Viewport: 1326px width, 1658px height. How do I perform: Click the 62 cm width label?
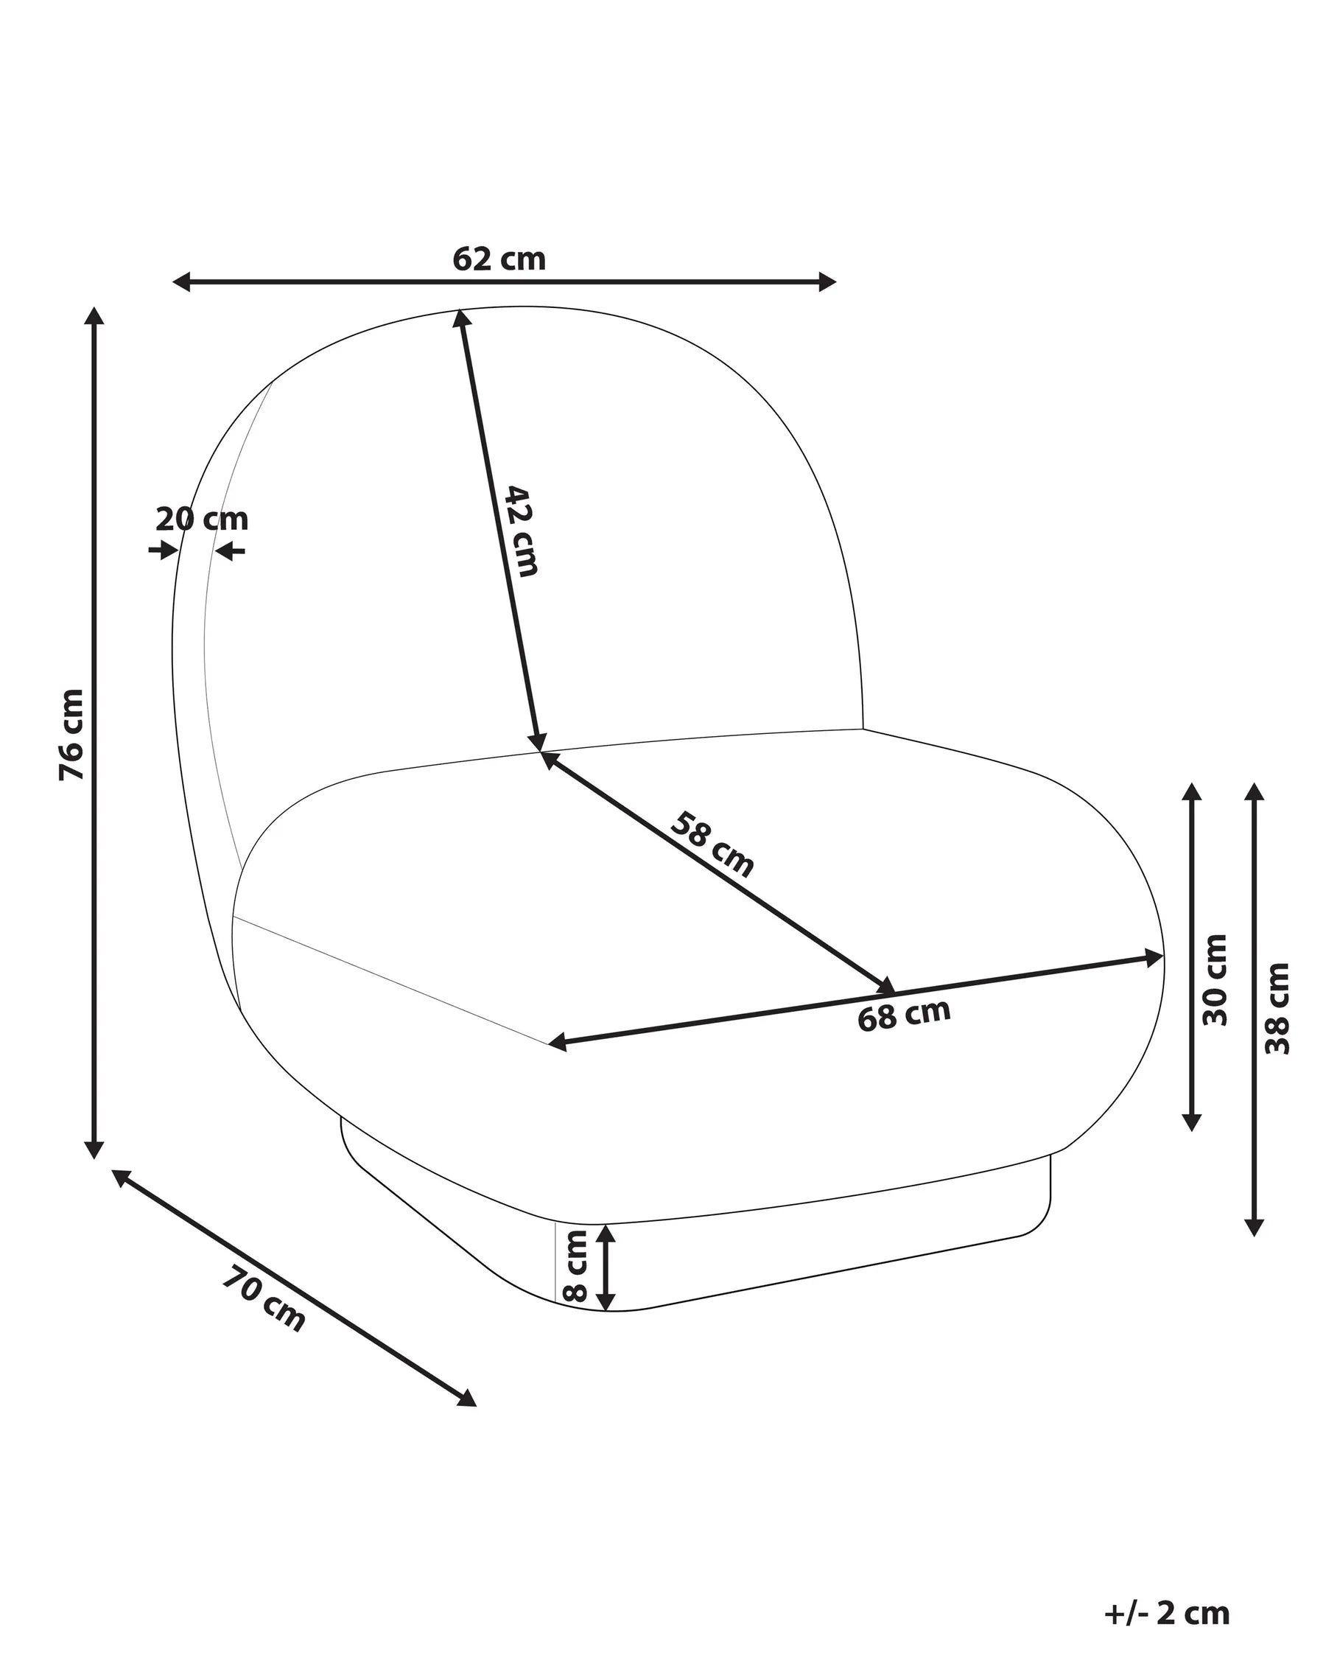click(x=499, y=259)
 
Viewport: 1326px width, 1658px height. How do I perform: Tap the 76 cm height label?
click(x=71, y=735)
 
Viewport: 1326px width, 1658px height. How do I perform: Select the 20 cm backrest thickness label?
click(x=202, y=519)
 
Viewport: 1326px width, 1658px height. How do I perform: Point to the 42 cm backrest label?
click(x=521, y=531)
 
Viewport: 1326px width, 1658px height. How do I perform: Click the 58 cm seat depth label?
click(x=712, y=844)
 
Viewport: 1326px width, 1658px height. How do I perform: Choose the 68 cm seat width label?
click(x=904, y=1015)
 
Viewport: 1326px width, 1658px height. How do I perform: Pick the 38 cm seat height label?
click(x=1277, y=1008)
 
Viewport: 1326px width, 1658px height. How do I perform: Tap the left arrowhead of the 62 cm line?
click(x=181, y=282)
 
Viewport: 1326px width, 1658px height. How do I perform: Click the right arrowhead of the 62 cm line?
click(x=827, y=282)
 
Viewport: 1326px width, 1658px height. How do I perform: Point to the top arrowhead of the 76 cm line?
click(x=94, y=315)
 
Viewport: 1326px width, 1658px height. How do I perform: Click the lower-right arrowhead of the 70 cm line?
click(x=466, y=1399)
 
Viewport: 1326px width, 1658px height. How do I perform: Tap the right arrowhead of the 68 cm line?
click(x=1154, y=957)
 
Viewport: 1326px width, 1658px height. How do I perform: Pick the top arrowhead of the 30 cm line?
click(x=1191, y=793)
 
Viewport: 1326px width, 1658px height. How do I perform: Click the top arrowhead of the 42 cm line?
click(x=461, y=318)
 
